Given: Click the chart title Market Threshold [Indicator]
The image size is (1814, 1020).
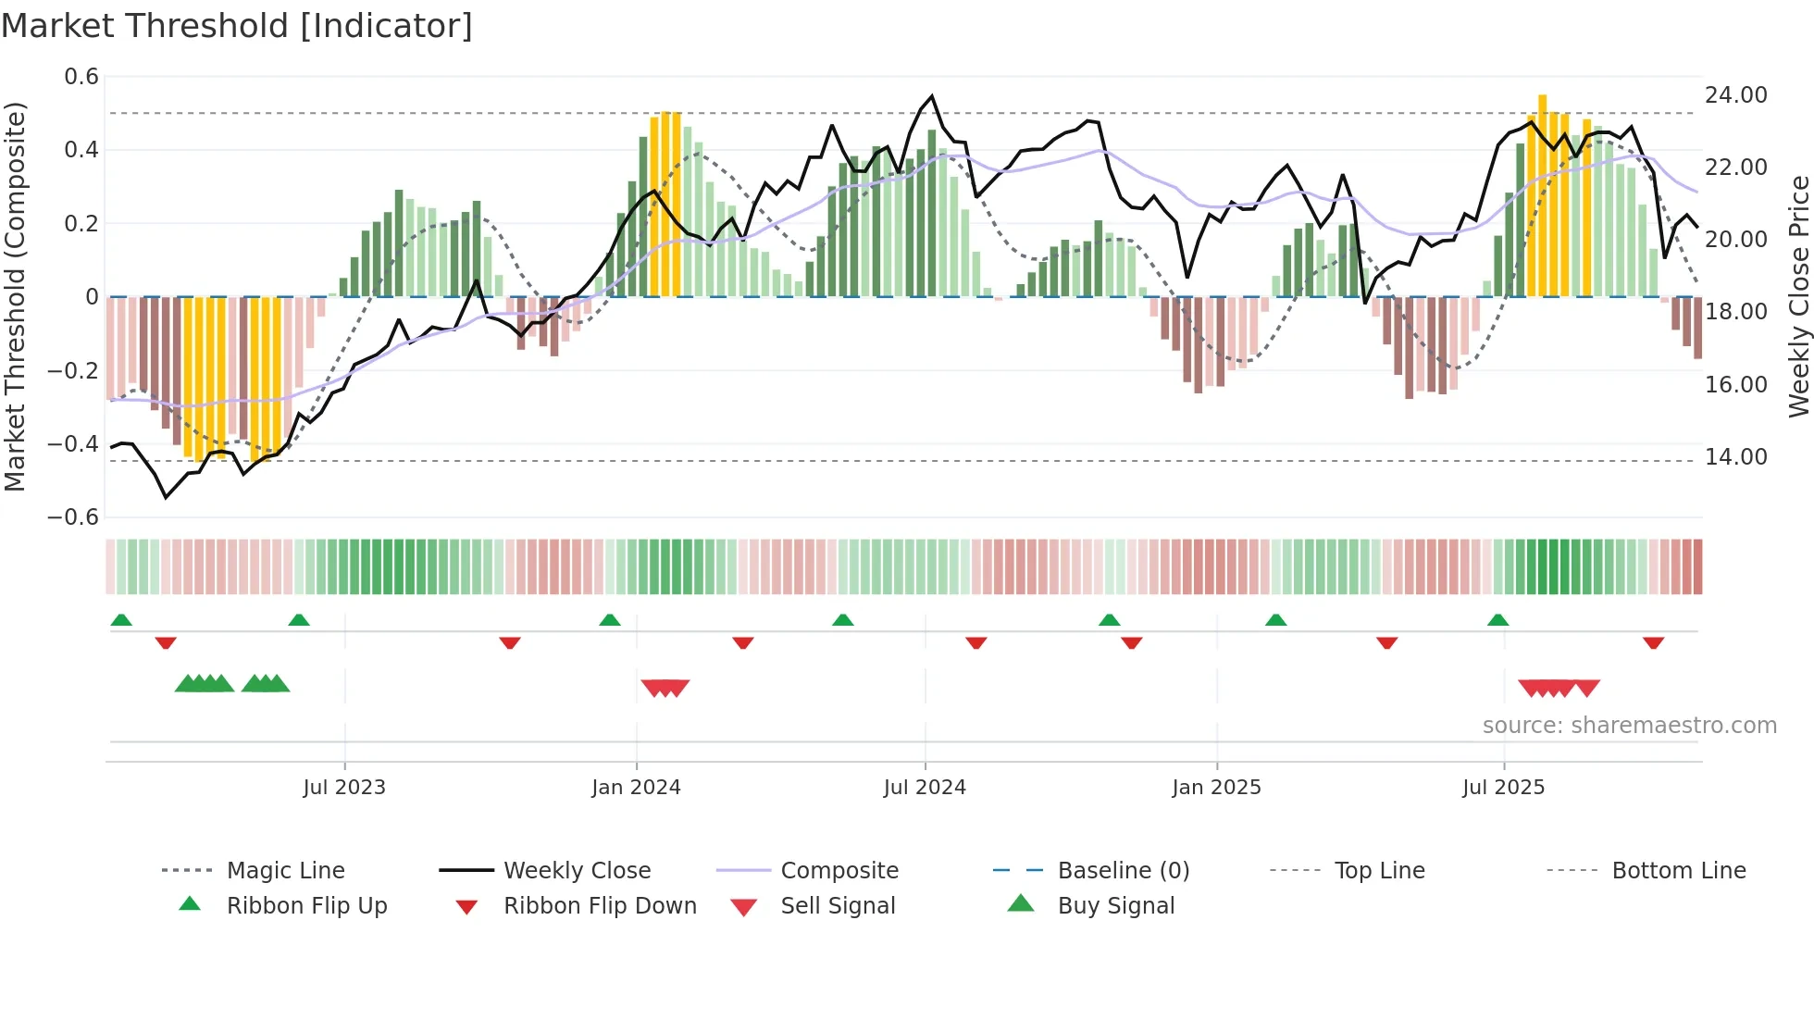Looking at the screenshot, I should pyautogui.click(x=237, y=26).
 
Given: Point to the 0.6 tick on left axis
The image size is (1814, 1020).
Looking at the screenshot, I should pyautogui.click(x=81, y=77).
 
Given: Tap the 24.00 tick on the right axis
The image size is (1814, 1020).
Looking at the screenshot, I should pyautogui.click(x=1735, y=95).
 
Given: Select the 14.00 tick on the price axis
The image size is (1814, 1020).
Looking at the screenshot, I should pyautogui.click(x=1735, y=457).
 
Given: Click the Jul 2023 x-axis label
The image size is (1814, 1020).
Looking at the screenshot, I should pyautogui.click(x=343, y=788).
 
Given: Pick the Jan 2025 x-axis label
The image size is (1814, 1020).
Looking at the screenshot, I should pyautogui.click(x=1216, y=788).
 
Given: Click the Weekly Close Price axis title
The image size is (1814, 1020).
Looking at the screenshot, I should pyautogui.click(x=1797, y=296).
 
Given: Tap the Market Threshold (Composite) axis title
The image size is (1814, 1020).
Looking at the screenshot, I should pyautogui.click(x=15, y=296).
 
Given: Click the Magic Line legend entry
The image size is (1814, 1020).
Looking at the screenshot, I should pyautogui.click(x=285, y=871).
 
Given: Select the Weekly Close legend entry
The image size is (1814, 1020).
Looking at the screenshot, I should pyautogui.click(x=577, y=871).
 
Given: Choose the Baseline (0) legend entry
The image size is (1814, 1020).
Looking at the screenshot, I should pyautogui.click(x=1123, y=871).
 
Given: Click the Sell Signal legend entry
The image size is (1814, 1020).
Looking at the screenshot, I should pyautogui.click(x=838, y=906).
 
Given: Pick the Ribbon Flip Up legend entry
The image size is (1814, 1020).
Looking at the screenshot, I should pyautogui.click(x=306, y=906).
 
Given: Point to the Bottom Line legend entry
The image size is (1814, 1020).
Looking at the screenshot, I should pyautogui.click(x=1678, y=871).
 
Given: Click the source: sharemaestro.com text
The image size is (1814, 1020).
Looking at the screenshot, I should pyautogui.click(x=1629, y=726).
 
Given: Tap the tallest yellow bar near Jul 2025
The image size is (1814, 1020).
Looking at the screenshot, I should pyautogui.click(x=1542, y=194).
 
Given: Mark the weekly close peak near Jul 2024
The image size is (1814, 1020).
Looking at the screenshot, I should pyautogui.click(x=932, y=96).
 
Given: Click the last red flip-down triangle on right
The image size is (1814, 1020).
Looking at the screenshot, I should pyautogui.click(x=1653, y=643).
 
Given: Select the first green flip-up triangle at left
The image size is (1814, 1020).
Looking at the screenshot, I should pyautogui.click(x=121, y=620).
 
